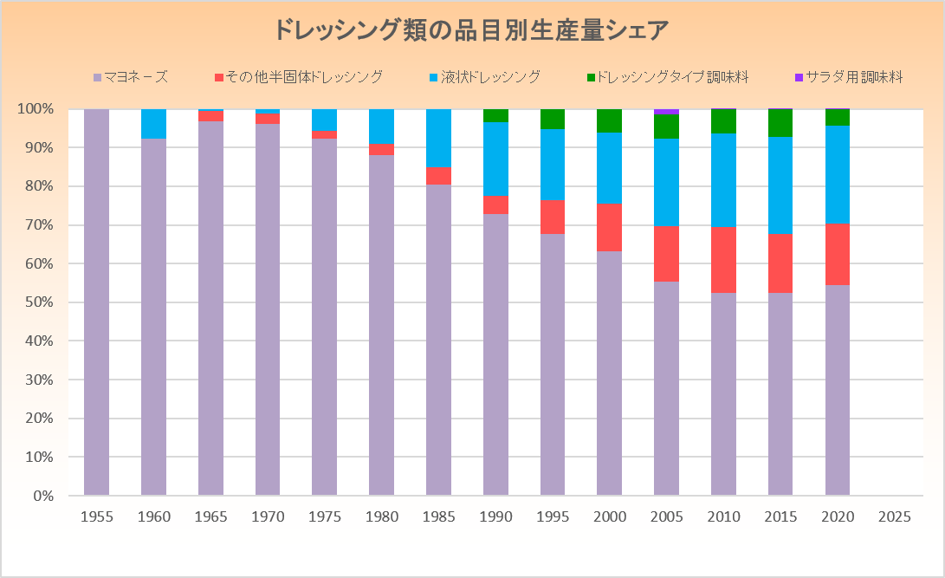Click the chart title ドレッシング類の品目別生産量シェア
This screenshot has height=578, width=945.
click(472, 30)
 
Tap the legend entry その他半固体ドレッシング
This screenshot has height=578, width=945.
click(298, 77)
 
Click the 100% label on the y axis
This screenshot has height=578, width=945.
click(36, 109)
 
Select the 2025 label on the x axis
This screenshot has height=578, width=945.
click(894, 517)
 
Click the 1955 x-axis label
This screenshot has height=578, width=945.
click(96, 517)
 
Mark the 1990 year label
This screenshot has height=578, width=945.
click(495, 517)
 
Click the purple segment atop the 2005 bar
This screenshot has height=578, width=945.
click(666, 111)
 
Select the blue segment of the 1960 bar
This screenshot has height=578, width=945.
click(153, 124)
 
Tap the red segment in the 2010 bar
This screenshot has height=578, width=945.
click(723, 259)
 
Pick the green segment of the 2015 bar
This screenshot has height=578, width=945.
click(780, 123)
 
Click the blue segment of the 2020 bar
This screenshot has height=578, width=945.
click(838, 174)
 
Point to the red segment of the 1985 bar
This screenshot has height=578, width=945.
click(438, 176)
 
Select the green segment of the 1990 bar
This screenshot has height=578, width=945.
click(495, 116)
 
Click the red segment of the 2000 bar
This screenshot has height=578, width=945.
click(610, 227)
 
